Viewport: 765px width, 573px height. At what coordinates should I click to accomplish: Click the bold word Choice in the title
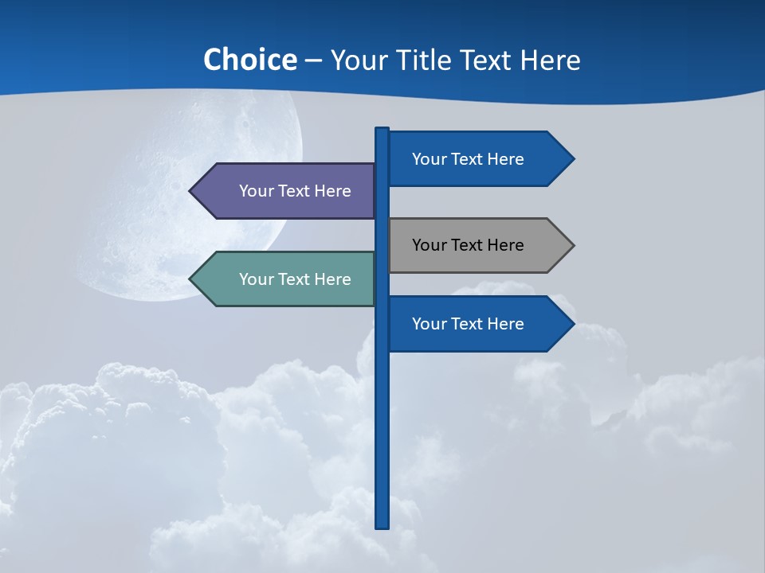[249, 60]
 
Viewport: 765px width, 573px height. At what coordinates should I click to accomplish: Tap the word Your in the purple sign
[257, 191]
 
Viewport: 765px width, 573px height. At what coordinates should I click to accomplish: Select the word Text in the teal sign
[295, 279]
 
